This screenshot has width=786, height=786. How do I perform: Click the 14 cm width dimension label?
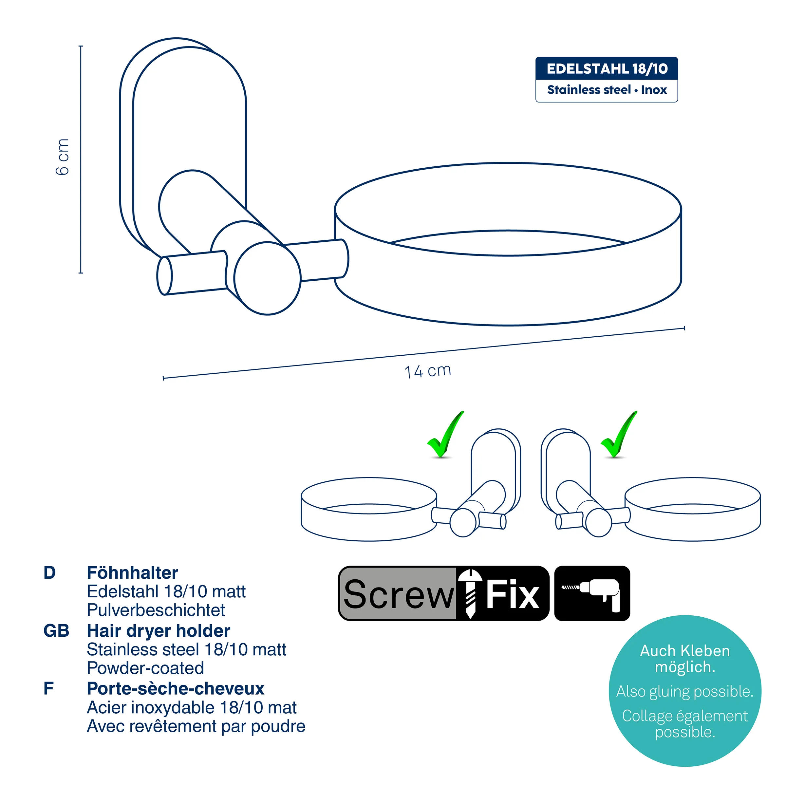coord(428,371)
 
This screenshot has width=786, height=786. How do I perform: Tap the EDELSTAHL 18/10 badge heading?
coord(607,69)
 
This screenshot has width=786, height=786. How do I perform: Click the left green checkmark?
coord(445,435)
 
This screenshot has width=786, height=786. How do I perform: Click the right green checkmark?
coord(619,435)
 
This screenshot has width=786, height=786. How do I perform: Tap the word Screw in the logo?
coord(398,594)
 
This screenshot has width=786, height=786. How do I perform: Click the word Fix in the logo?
coord(513,594)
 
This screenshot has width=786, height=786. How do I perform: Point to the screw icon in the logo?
coord(470,593)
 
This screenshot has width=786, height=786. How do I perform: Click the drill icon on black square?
coord(592,593)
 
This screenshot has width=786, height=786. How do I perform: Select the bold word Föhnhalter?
coord(133,573)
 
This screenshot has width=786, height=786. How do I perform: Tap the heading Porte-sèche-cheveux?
coord(176,689)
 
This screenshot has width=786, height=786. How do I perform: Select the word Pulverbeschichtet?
coord(156,610)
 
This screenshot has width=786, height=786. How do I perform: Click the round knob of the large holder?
coord(268,278)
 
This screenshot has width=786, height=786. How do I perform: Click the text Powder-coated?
coord(145,668)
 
